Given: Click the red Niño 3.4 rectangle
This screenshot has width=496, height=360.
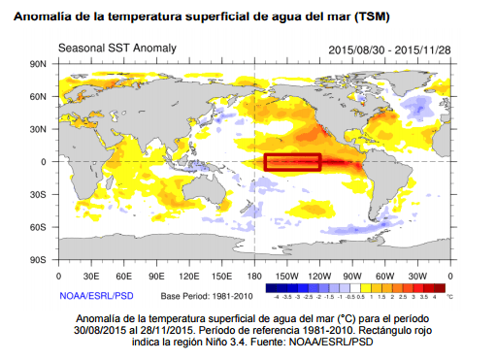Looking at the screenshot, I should (292, 162).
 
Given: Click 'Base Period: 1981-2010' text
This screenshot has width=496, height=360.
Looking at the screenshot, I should (208, 295).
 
